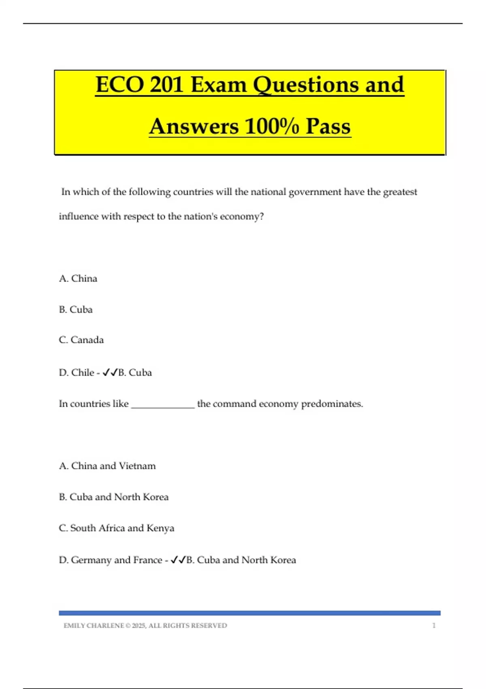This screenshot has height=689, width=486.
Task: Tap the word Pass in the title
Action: click(x=328, y=126)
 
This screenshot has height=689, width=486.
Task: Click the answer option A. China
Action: click(x=78, y=278)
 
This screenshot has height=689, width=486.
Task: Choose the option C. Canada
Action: click(x=81, y=340)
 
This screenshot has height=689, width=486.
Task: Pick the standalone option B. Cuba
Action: click(x=76, y=310)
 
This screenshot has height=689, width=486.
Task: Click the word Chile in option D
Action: click(x=83, y=372)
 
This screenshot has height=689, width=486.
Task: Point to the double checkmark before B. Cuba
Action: click(x=110, y=372)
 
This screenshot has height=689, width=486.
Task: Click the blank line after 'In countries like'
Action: click(x=163, y=404)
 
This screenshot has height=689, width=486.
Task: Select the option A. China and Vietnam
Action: click(x=107, y=466)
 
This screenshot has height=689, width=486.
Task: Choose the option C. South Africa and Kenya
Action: click(x=117, y=528)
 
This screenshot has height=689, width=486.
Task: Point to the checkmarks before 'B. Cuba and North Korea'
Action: click(x=178, y=560)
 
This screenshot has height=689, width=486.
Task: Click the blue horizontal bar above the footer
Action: click(x=249, y=613)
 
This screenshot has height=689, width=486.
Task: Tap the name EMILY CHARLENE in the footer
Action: click(x=94, y=626)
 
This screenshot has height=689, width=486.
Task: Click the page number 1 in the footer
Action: click(x=434, y=626)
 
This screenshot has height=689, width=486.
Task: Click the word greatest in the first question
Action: click(x=400, y=192)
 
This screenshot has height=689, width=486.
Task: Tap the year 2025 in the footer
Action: click(x=139, y=626)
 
